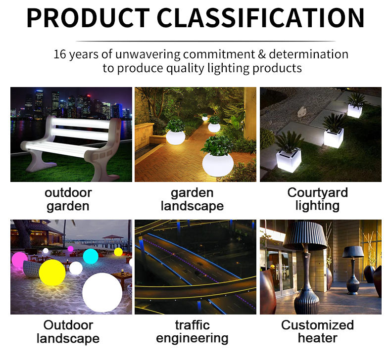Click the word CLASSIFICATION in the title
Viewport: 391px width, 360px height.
tap(261, 18)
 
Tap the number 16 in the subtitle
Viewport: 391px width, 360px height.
tap(60, 54)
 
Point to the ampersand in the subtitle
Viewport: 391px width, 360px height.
tap(262, 54)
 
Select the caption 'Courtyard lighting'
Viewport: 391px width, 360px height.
tap(318, 199)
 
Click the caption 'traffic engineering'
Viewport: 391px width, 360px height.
tap(192, 332)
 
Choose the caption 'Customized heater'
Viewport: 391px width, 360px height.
tap(318, 331)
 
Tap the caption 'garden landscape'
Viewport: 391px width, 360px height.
tap(192, 199)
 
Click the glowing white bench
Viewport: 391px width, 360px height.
tap(71, 146)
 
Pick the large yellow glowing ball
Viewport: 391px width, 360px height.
tap(52, 272)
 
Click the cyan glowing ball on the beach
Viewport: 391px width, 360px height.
tap(91, 256)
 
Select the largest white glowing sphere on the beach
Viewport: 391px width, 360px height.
tap(102, 292)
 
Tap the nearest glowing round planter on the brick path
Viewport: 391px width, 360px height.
tap(218, 165)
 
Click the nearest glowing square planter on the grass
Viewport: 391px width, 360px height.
tap(289, 160)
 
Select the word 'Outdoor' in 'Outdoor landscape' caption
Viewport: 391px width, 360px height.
tap(68, 325)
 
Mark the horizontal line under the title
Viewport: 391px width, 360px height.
tap(206, 41)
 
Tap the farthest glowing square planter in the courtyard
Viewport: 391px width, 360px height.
tap(354, 111)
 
